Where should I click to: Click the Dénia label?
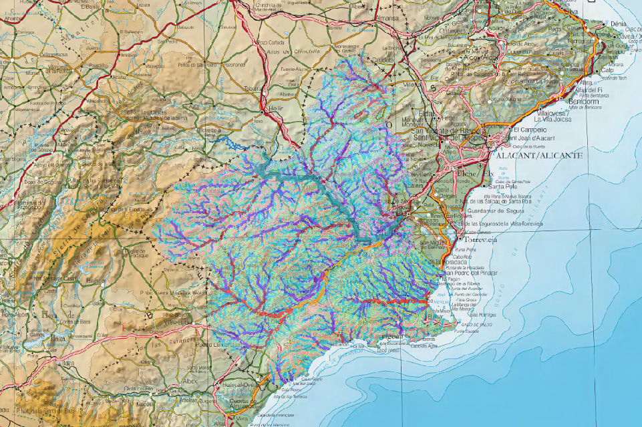[619, 24]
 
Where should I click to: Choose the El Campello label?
[530, 129]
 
